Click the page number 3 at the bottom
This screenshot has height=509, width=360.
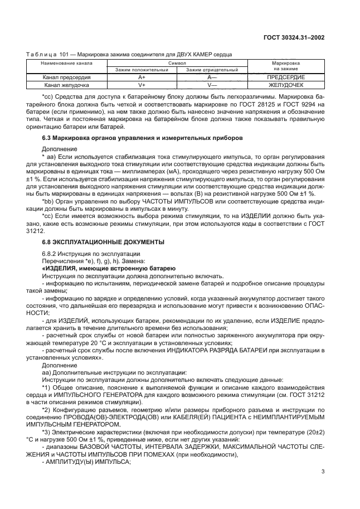click(323, 487)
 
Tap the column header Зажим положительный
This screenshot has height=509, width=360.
click(142, 70)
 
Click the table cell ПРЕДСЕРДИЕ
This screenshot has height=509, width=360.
click(286, 77)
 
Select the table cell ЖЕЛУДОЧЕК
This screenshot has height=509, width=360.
click(286, 85)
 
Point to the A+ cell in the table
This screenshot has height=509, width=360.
click(142, 77)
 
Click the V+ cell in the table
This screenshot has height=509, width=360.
click(142, 85)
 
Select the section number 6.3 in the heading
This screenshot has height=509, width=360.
click(47, 137)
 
